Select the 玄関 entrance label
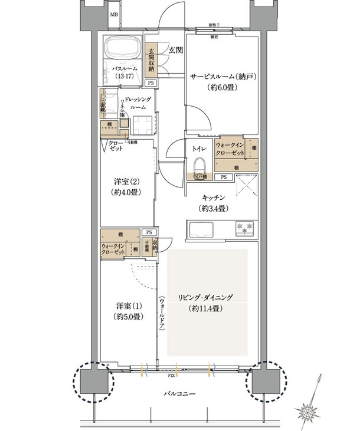[175, 51]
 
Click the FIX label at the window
[172, 375]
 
